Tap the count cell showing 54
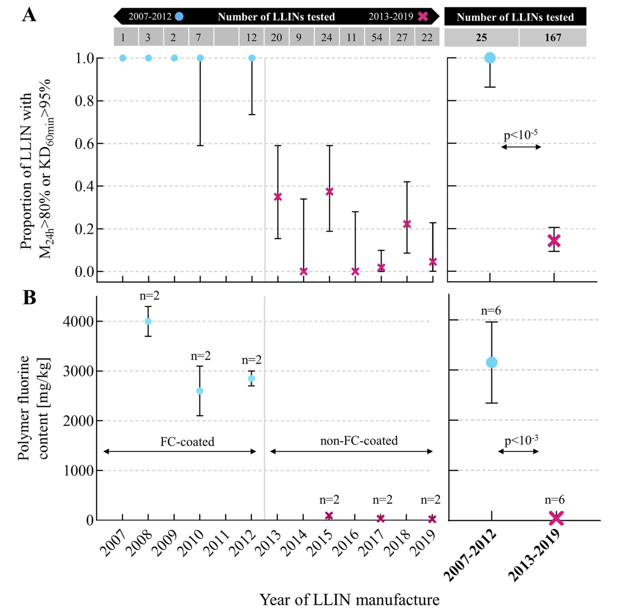(377, 38)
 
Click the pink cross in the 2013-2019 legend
(423, 16)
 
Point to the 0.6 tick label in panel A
(84, 144)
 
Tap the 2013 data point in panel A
(278, 197)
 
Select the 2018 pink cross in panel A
(407, 224)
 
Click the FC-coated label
(187, 442)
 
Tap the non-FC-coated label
(359, 440)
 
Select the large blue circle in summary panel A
(490, 58)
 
